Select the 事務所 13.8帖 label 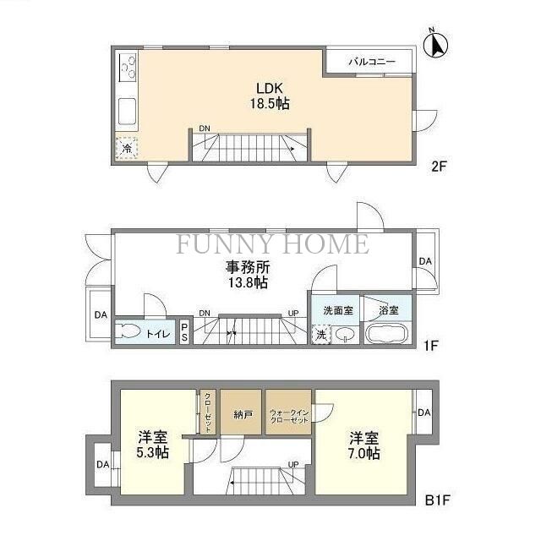[x=247, y=274]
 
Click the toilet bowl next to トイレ [x=129, y=332]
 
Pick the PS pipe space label [x=184, y=332]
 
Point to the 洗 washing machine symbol [x=321, y=334]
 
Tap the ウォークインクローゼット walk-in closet [x=288, y=414]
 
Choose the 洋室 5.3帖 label [x=153, y=445]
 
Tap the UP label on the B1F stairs [x=293, y=464]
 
